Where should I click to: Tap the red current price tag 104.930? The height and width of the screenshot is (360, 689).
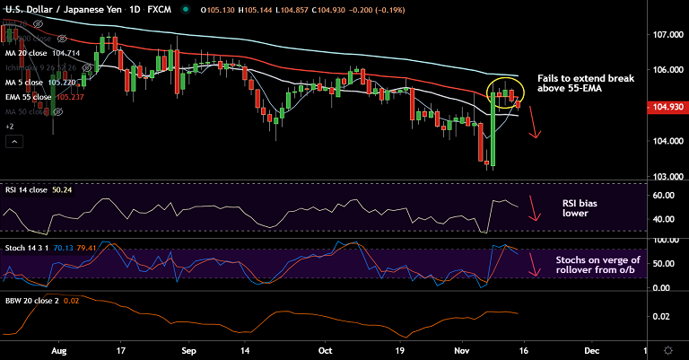(x=666, y=108)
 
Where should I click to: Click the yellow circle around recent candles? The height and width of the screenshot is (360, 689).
(x=505, y=93)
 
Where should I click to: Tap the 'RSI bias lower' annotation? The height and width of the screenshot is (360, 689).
(x=580, y=208)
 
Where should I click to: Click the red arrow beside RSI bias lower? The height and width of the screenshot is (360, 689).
(x=534, y=208)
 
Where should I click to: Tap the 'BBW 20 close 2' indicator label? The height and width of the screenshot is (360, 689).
(x=31, y=300)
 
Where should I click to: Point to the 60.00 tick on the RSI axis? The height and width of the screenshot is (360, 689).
(x=663, y=195)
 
